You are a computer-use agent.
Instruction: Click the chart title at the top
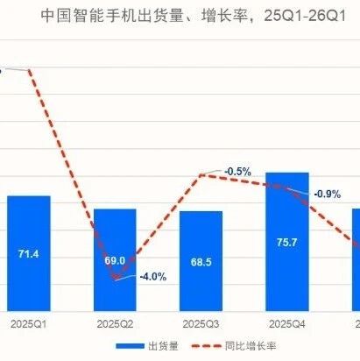pyautogui.click(x=194, y=16)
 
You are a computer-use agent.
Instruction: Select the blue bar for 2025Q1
pyautogui.click(x=29, y=253)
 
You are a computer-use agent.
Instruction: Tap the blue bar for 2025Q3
pyautogui.click(x=201, y=261)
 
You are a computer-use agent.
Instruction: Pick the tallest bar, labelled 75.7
pyautogui.click(x=287, y=242)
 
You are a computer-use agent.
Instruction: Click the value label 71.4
pyautogui.click(x=28, y=254)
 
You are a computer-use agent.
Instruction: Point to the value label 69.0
pyautogui.click(x=115, y=260)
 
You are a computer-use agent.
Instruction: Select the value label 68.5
pyautogui.click(x=201, y=262)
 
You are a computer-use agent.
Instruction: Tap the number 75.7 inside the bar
pyautogui.click(x=287, y=243)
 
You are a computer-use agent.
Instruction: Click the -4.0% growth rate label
pyautogui.click(x=153, y=277)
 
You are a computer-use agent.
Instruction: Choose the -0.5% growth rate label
pyautogui.click(x=237, y=172)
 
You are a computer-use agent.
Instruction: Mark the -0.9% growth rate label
pyautogui.click(x=327, y=194)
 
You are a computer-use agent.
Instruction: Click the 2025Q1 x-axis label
pyautogui.click(x=29, y=324)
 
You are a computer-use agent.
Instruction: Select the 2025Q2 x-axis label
pyautogui.click(x=115, y=324)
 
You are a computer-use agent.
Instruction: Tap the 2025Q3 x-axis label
pyautogui.click(x=201, y=324)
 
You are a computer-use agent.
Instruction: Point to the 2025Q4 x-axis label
pyautogui.click(x=287, y=324)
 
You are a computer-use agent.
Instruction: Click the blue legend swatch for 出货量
pyautogui.click(x=131, y=346)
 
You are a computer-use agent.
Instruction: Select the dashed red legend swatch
pyautogui.click(x=207, y=346)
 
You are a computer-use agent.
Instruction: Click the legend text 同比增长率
pyautogui.click(x=251, y=346)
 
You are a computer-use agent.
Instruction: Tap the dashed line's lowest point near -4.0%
pyautogui.click(x=116, y=278)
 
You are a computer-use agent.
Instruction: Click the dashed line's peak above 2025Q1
pyautogui.click(x=29, y=70)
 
